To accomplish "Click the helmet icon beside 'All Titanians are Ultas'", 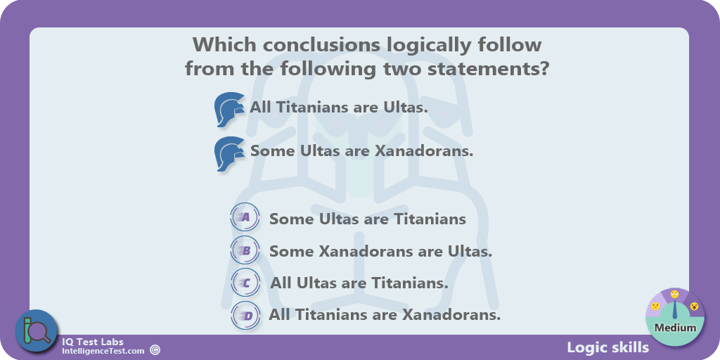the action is pyautogui.click(x=229, y=109).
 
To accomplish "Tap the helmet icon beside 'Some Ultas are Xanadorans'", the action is pyautogui.click(x=229, y=153).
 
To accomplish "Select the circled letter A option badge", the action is pyautogui.click(x=245, y=218).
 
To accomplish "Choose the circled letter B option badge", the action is pyautogui.click(x=245, y=250).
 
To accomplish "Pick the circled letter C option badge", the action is pyautogui.click(x=245, y=283).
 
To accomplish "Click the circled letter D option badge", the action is pyautogui.click(x=245, y=316).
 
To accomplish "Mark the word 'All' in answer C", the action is pyautogui.click(x=281, y=283).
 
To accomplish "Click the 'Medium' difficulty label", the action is pyautogui.click(x=675, y=328).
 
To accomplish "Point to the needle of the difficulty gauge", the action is pyautogui.click(x=675, y=310).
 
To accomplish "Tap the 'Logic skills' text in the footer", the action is pyautogui.click(x=608, y=347).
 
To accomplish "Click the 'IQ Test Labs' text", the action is pyautogui.click(x=93, y=342).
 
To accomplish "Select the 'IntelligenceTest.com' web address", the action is pyautogui.click(x=103, y=351).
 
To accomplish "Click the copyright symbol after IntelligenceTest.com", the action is pyautogui.click(x=155, y=350).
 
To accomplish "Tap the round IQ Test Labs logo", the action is pyautogui.click(x=37, y=331).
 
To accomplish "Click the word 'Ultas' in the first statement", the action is pyautogui.click(x=405, y=108).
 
